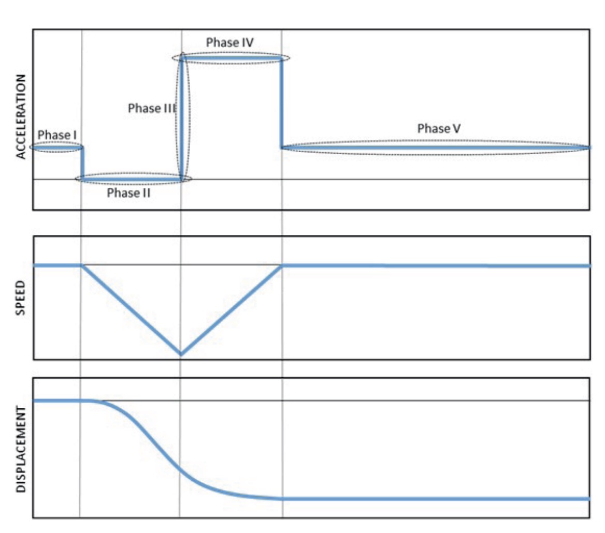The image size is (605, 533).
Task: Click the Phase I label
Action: pos(57,135)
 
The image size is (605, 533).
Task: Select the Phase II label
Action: pos(128,194)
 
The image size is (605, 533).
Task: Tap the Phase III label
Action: pos(152,109)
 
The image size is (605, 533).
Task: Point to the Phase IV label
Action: pos(229,42)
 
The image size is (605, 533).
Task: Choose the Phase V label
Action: pos(439,129)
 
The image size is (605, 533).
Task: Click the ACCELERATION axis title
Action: pos(21,116)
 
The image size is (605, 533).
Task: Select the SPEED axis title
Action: pos(21,298)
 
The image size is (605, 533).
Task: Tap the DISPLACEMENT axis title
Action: pos(21,449)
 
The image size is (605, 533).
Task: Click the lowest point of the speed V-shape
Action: pos(180,354)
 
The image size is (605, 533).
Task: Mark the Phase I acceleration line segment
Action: pos(57,147)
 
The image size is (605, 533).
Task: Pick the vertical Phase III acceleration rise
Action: pos(181,119)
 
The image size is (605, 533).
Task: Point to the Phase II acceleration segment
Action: pos(132,179)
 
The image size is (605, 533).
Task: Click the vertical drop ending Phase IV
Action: pos(281,103)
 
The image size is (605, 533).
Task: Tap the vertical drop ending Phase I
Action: pos(82,163)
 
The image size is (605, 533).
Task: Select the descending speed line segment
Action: pos(131,309)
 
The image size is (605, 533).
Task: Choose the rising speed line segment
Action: pos(231,309)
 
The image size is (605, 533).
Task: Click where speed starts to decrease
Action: pos(82,265)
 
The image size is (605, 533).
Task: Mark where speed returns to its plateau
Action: pos(281,265)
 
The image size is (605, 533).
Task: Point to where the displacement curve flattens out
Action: pos(281,498)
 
